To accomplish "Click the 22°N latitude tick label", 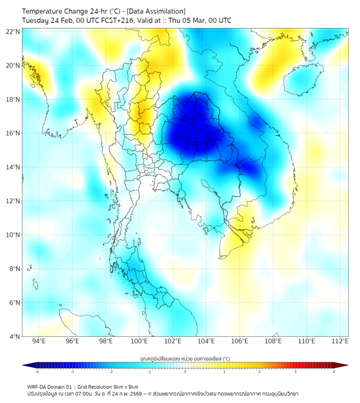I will [13, 31].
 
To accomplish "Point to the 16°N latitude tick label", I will [13, 133].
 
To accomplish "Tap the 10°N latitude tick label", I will [13, 235].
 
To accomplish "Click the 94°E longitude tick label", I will [39, 342].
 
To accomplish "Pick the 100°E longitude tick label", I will [140, 342].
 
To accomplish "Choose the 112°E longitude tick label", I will [341, 342].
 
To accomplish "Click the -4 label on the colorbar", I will [37, 372].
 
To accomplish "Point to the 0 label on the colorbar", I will [185, 372].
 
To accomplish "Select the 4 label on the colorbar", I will [333, 372].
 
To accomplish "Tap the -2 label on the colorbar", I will [111, 372].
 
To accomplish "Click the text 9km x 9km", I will [126, 386].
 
